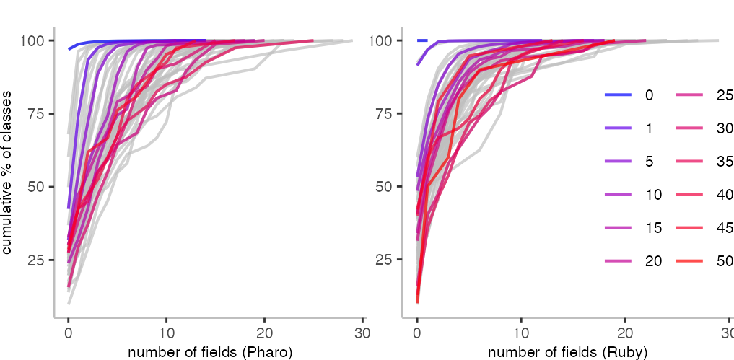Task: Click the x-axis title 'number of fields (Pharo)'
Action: pos(210,352)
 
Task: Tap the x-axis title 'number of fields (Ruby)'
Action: pos(567,352)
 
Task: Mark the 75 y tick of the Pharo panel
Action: pos(39,114)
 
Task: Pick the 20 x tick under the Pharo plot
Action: pos(264,333)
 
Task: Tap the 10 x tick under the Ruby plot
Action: pos(521,333)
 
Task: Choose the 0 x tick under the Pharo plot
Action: pos(69,333)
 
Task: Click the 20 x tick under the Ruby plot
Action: pos(625,333)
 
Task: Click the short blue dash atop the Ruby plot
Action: pos(422,40)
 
